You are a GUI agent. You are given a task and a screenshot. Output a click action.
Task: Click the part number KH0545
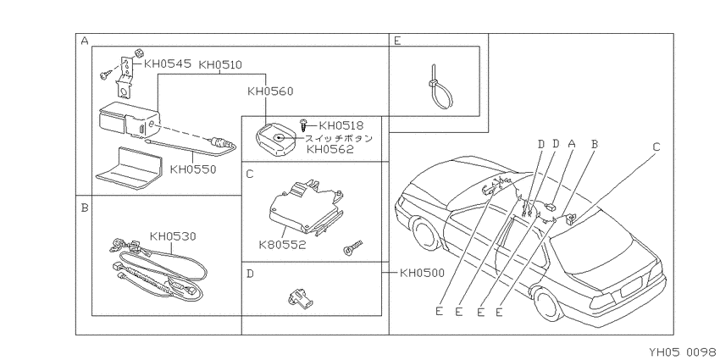coord(167,64)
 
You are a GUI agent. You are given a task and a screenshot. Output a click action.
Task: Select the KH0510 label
coord(220,64)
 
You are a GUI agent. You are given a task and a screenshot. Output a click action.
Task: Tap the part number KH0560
coord(270,91)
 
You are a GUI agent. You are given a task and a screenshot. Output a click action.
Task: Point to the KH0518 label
coord(341,126)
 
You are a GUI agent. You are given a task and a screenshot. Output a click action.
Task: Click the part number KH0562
coord(330,149)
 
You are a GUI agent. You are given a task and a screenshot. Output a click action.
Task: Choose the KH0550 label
coord(193,169)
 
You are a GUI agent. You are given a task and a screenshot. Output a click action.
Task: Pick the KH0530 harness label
coord(173,236)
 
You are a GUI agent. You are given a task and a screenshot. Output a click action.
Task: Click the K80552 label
coord(282,245)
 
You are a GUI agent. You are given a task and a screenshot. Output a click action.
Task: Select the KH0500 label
coord(422,274)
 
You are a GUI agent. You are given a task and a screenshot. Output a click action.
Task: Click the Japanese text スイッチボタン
coord(339,138)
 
